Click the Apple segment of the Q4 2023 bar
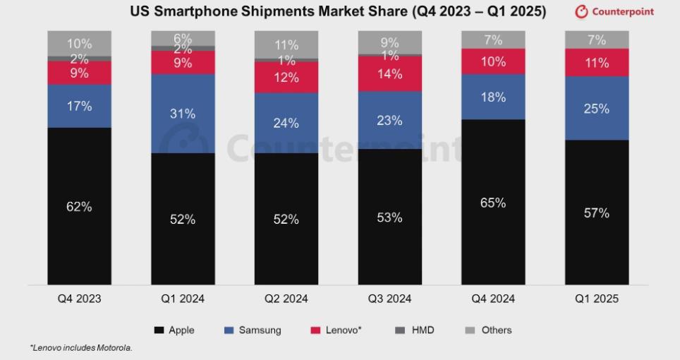(79, 206)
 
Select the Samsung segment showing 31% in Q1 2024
(183, 113)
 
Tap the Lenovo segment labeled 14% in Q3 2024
(389, 73)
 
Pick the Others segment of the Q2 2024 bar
(286, 44)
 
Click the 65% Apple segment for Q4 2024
(493, 202)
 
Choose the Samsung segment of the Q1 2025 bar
(596, 108)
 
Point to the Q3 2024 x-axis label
(389, 299)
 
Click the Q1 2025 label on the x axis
(596, 299)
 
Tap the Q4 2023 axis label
(79, 299)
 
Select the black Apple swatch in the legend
(159, 330)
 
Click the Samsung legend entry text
(260, 330)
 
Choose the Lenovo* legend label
(344, 330)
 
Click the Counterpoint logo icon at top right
(581, 12)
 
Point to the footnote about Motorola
(81, 348)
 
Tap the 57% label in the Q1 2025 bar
(596, 212)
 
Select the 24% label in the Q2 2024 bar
(286, 123)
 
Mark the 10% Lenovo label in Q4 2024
(493, 61)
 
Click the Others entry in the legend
(496, 330)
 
